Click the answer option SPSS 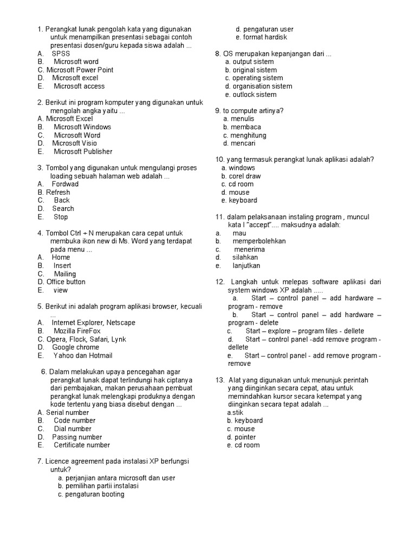[61, 54]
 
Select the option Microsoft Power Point [80, 70]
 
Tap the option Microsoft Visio [74, 143]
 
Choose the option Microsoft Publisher [83, 151]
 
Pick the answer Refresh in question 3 [58, 192]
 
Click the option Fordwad [65, 184]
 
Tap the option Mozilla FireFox [77, 331]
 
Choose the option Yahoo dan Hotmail [83, 355]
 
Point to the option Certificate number [82, 445]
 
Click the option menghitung [248, 135]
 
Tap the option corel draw [244, 176]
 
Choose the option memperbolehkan [259, 241]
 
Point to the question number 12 [219, 282]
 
